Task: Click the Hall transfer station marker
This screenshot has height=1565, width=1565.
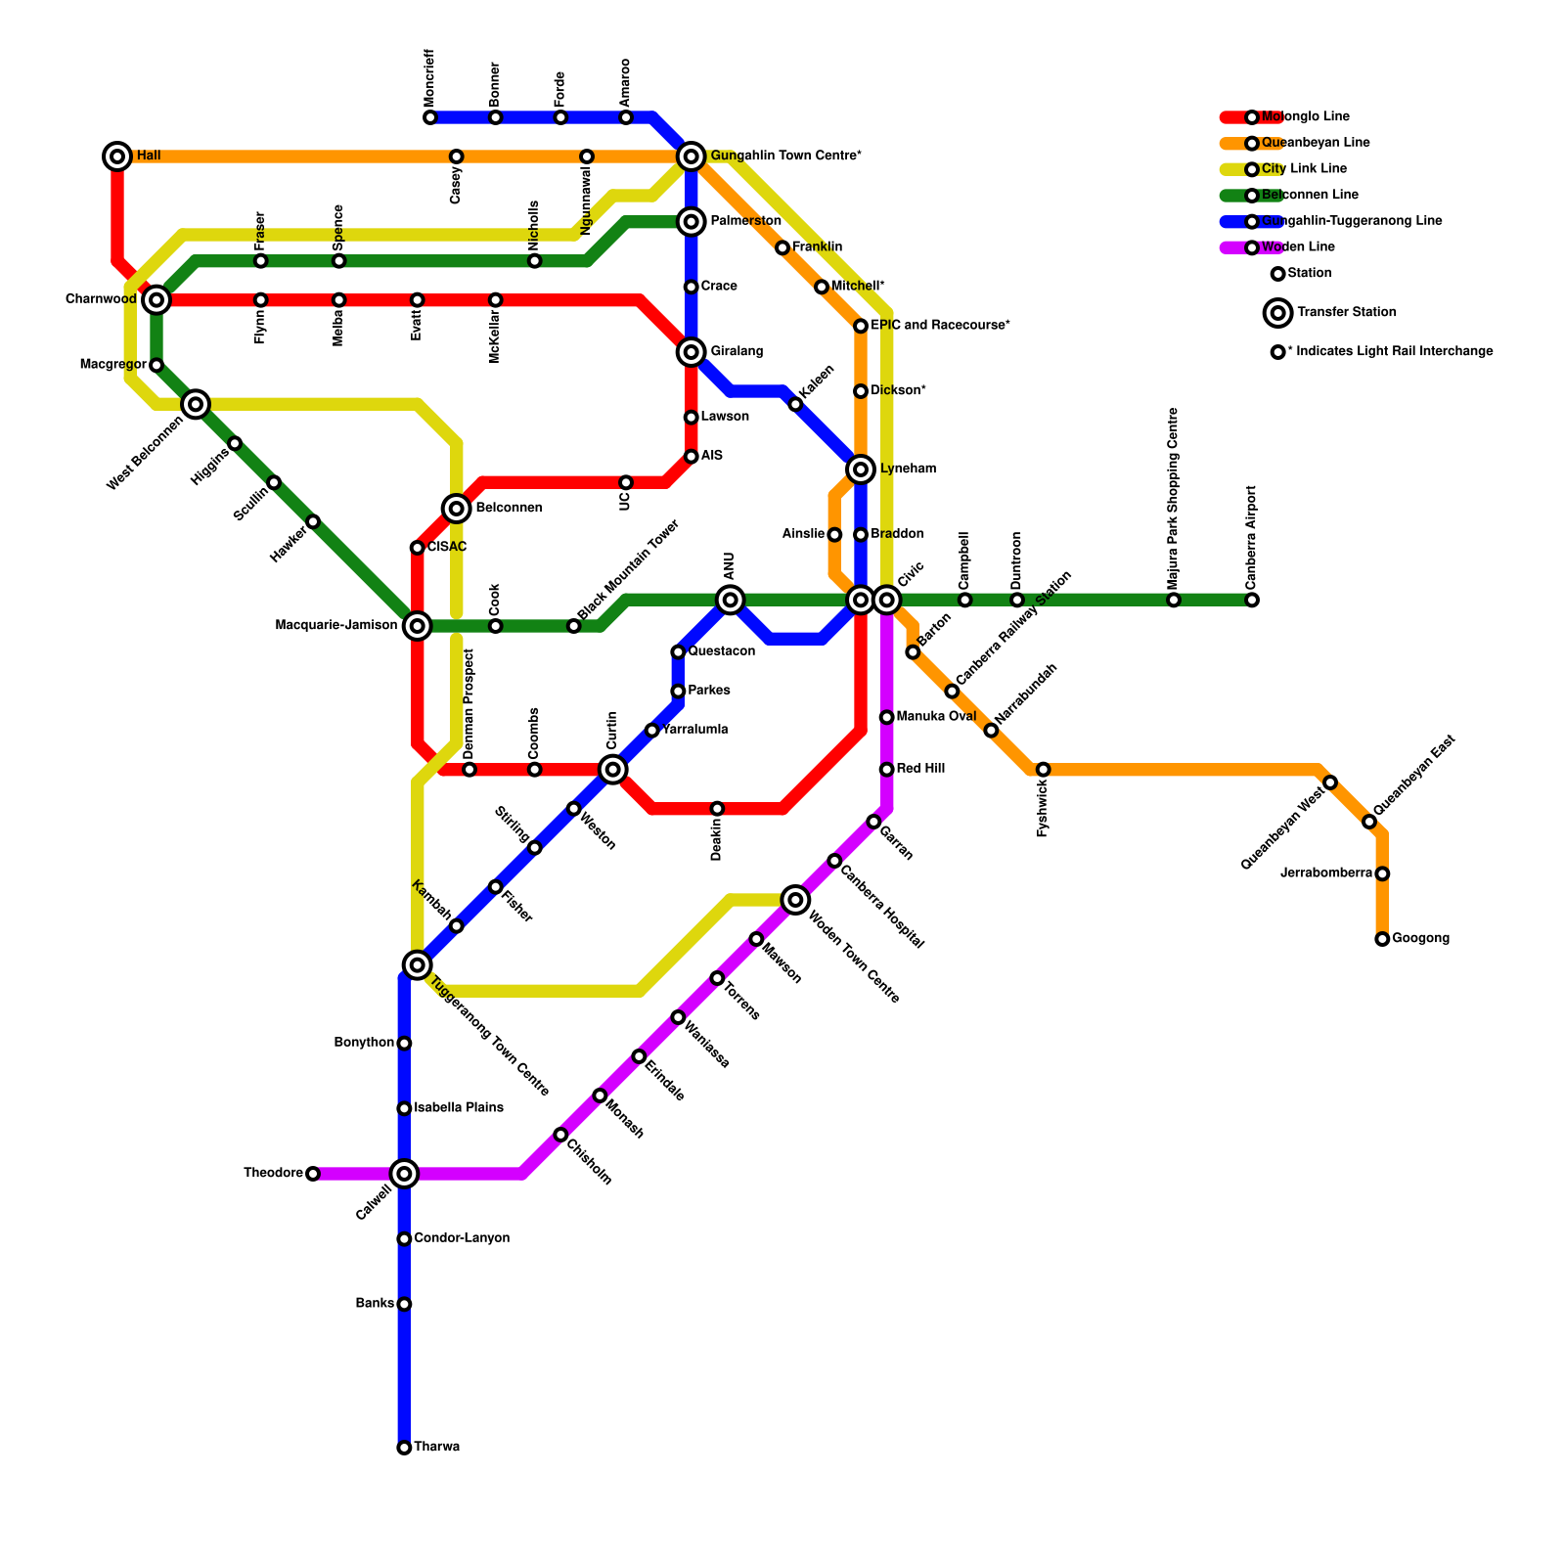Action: point(117,156)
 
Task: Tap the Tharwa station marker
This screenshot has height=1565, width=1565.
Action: point(404,1448)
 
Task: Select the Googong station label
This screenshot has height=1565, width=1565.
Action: point(1420,939)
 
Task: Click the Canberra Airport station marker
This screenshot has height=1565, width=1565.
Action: point(1251,600)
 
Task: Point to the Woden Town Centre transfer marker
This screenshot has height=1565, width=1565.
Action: point(796,900)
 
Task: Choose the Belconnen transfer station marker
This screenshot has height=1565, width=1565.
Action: point(456,508)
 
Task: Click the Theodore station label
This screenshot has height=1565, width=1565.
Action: point(273,1173)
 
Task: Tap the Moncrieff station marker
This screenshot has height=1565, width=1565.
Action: point(430,117)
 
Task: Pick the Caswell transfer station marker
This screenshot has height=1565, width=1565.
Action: point(404,1173)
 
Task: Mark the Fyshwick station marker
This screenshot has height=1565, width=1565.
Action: point(1043,770)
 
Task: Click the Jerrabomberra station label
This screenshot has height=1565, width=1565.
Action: point(1325,873)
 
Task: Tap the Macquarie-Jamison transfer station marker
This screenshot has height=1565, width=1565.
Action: point(418,626)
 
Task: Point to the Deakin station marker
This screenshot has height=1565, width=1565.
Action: point(717,809)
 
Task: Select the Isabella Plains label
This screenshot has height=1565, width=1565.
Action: point(459,1108)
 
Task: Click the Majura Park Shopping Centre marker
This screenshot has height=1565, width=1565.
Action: point(1174,600)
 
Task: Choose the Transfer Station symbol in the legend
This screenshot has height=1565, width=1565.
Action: point(1277,313)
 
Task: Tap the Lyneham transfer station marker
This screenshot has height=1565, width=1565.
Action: point(861,469)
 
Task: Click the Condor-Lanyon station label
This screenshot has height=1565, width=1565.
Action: point(462,1238)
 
